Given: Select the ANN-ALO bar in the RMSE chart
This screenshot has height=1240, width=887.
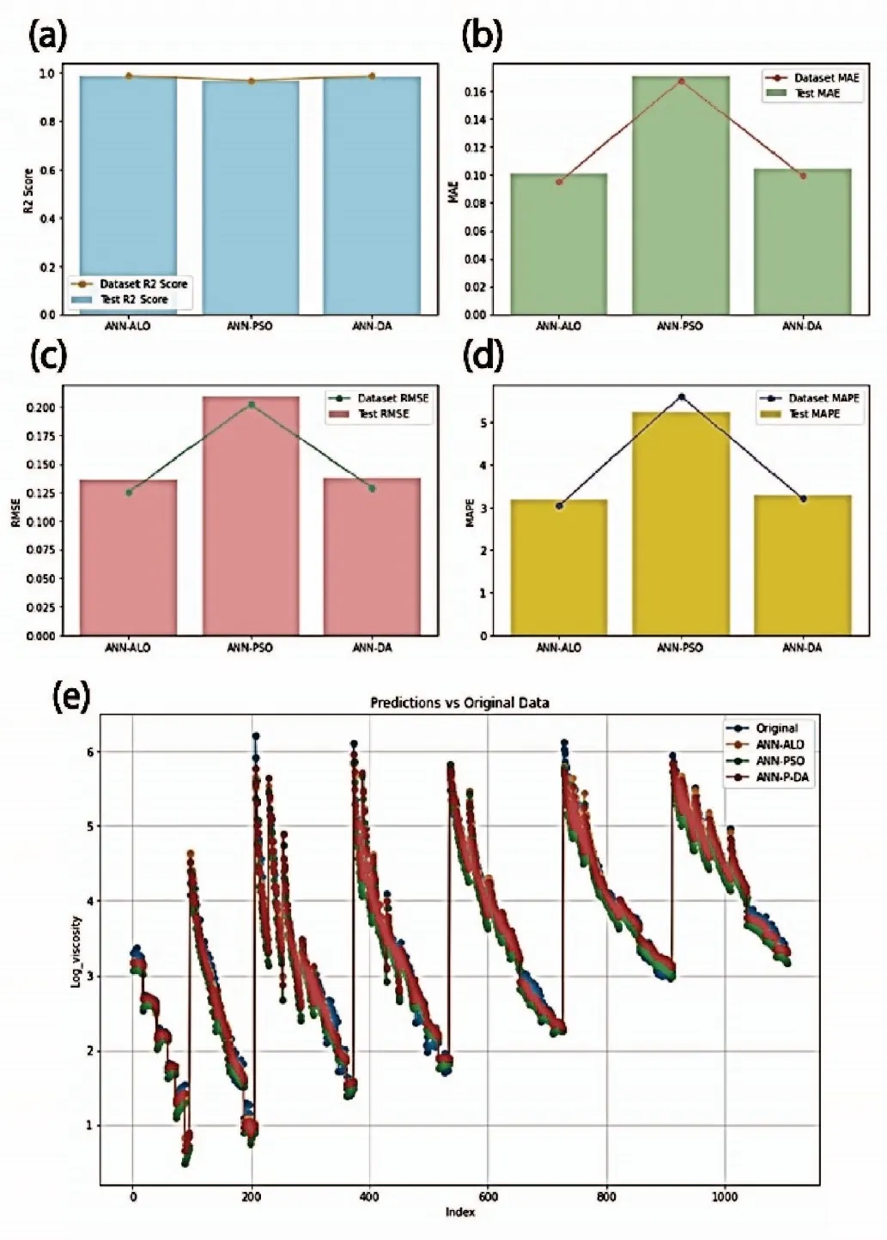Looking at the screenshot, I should pos(128,558).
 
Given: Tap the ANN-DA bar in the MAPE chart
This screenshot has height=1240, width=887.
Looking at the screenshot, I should pos(802,566).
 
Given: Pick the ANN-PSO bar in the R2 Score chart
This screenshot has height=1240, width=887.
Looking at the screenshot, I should pos(250,197).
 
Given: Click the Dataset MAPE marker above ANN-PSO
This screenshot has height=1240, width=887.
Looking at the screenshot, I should pos(681,396).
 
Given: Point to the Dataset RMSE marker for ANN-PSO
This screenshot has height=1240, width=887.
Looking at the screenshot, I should pos(251,404).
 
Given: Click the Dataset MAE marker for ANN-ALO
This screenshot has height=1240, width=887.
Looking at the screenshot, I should pos(559,182).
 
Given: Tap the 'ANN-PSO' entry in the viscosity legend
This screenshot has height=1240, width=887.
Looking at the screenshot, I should pos(780,761).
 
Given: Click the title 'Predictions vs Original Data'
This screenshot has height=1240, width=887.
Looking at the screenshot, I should pos(459,703).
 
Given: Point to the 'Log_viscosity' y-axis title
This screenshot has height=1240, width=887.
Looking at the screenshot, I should pos(76,951).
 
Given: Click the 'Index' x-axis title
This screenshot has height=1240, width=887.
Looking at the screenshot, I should pos(459,1212).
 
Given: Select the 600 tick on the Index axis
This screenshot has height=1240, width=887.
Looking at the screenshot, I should pos(488,1197).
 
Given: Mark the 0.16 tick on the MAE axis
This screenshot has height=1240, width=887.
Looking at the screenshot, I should pos(475,92).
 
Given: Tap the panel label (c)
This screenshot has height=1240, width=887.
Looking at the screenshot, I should pos(48,355).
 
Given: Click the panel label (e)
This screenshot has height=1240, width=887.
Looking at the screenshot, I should pos(70,698).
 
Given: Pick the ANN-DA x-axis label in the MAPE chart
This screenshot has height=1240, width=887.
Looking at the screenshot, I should pos(802,648).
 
